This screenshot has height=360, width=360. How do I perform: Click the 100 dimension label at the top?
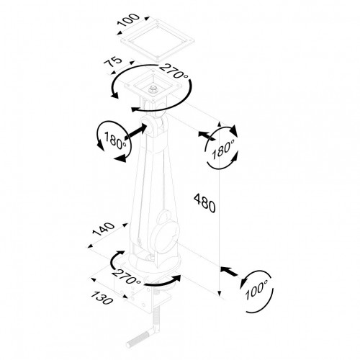128,19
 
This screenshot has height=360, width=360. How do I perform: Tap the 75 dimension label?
113,62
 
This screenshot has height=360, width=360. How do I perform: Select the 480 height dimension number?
204,203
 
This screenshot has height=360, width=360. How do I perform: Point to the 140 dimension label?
104,229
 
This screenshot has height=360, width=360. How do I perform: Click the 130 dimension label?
102,298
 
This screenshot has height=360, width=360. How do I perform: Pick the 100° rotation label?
256,289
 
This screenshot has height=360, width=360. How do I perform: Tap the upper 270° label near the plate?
174,71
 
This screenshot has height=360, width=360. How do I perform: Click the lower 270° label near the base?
127,276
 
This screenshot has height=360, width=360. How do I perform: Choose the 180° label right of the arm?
223,149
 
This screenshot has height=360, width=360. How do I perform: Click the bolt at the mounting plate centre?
152,90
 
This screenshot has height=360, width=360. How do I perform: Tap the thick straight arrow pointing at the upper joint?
135,132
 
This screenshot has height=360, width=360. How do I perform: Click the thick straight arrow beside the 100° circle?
228,271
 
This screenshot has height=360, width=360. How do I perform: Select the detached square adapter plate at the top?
157,39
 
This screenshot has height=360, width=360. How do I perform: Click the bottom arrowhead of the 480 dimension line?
219,294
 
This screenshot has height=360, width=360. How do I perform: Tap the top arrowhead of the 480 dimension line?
219,125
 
